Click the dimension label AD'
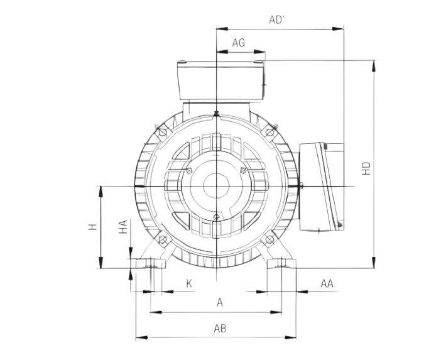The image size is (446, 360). point(278,19)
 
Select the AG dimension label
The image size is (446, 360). point(238,43)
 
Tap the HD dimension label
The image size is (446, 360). point(367,168)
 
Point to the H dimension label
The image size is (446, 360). point(92,227)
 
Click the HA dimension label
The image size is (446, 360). point(123,227)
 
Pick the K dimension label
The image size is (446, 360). point(188,284)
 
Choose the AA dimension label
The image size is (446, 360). point(326,284)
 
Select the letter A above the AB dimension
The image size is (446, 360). point(219,302)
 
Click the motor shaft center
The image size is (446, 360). point(215,187)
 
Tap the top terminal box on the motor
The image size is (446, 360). point(219,80)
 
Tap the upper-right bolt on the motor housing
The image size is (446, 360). point(270,132)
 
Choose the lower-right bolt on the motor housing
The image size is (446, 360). point(270,240)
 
